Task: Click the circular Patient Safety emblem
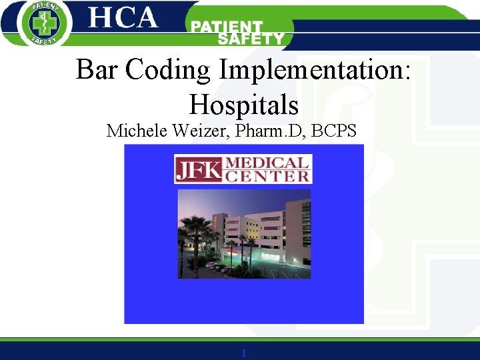click(x=45, y=23)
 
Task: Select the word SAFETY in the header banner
click(x=251, y=39)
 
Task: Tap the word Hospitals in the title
click(x=243, y=105)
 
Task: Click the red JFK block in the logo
click(x=197, y=170)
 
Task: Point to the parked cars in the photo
click(x=217, y=266)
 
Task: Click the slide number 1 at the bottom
click(x=243, y=353)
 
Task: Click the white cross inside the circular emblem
click(x=45, y=24)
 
